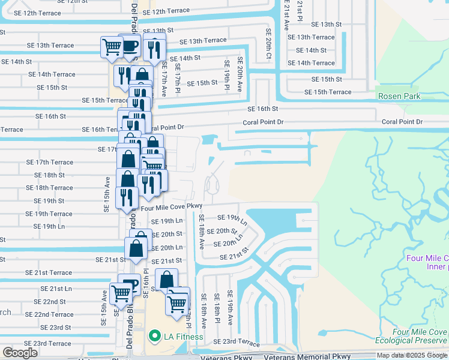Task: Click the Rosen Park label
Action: point(399,96)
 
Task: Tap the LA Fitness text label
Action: point(183,337)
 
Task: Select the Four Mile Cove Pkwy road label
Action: point(170,207)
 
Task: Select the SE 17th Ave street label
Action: point(163,83)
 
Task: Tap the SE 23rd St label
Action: point(55,328)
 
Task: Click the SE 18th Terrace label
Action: point(49,188)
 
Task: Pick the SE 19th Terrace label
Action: point(49,214)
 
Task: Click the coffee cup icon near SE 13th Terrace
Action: point(130,46)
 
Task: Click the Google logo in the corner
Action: point(20,353)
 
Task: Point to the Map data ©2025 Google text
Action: point(412,355)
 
